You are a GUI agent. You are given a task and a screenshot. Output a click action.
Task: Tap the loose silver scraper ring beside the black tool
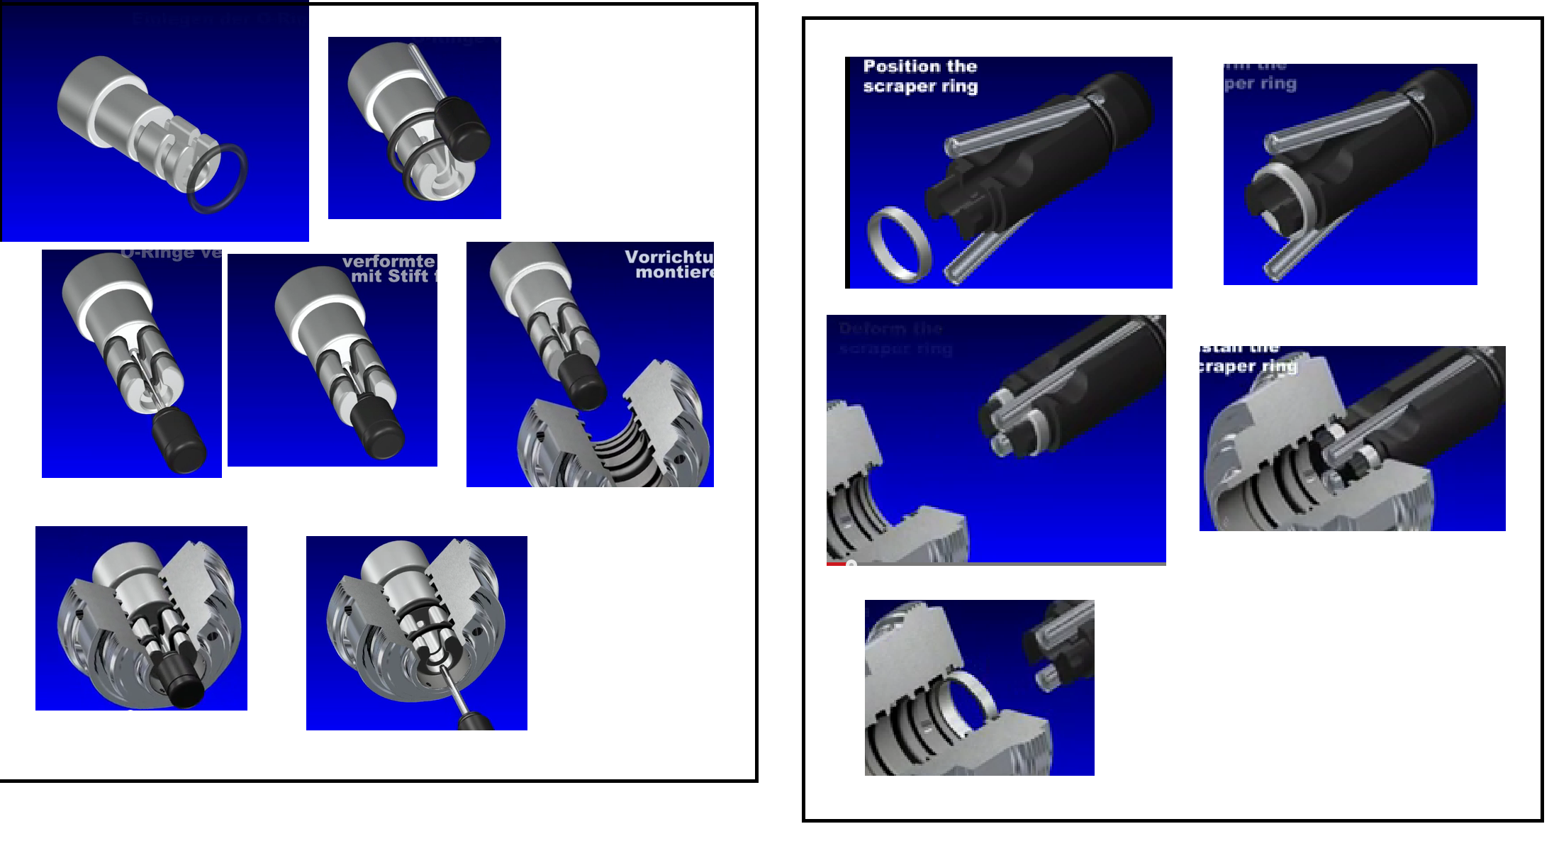pos(898,245)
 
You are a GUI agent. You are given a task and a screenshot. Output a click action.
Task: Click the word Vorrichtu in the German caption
pos(668,257)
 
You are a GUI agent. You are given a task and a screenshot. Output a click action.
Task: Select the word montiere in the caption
pos(674,272)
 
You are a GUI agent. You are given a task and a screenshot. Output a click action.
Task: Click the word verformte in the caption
pos(388,261)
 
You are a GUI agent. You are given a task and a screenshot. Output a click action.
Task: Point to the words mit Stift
pos(390,277)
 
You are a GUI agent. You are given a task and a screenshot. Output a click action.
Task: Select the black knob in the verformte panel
pos(378,428)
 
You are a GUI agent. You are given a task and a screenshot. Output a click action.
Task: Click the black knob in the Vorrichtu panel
pos(583,383)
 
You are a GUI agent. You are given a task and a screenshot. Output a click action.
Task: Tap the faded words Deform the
pos(890,329)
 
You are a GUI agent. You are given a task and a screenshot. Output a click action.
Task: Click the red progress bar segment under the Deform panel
pos(837,564)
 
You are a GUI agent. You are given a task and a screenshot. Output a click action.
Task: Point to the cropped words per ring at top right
pos(1260,84)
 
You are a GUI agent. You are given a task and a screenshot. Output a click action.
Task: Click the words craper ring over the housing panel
pos(1248,367)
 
